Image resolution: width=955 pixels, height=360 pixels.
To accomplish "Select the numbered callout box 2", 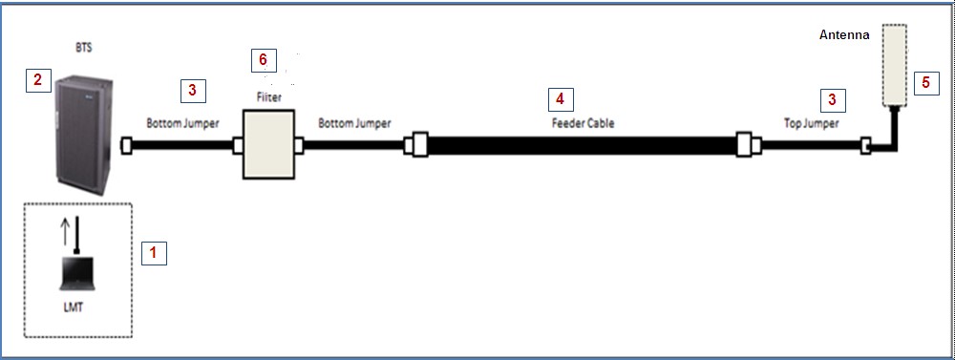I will pos(37,79).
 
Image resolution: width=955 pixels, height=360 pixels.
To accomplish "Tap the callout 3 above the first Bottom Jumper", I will pos(192,91).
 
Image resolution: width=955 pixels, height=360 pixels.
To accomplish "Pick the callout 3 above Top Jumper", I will pos(833,98).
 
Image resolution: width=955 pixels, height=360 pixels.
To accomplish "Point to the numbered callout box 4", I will pos(560,98).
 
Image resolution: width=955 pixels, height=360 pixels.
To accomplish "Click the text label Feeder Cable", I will pos(583,123).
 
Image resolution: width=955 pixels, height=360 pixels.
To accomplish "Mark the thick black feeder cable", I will pos(583,147).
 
